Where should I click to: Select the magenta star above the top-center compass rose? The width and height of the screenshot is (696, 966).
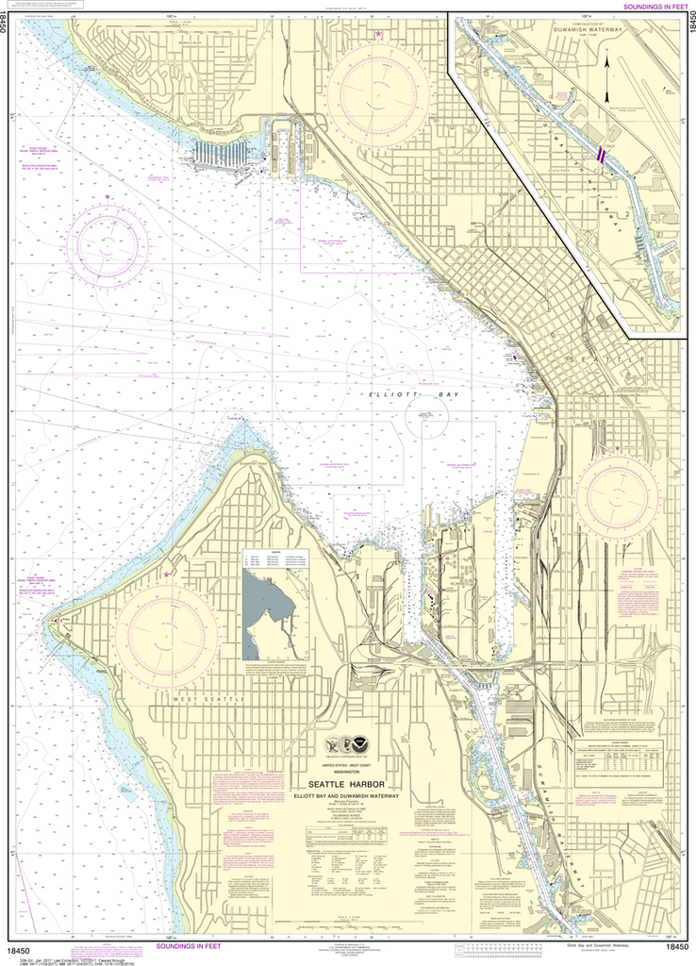[x=378, y=35]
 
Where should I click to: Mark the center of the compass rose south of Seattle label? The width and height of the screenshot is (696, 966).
[x=620, y=492]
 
